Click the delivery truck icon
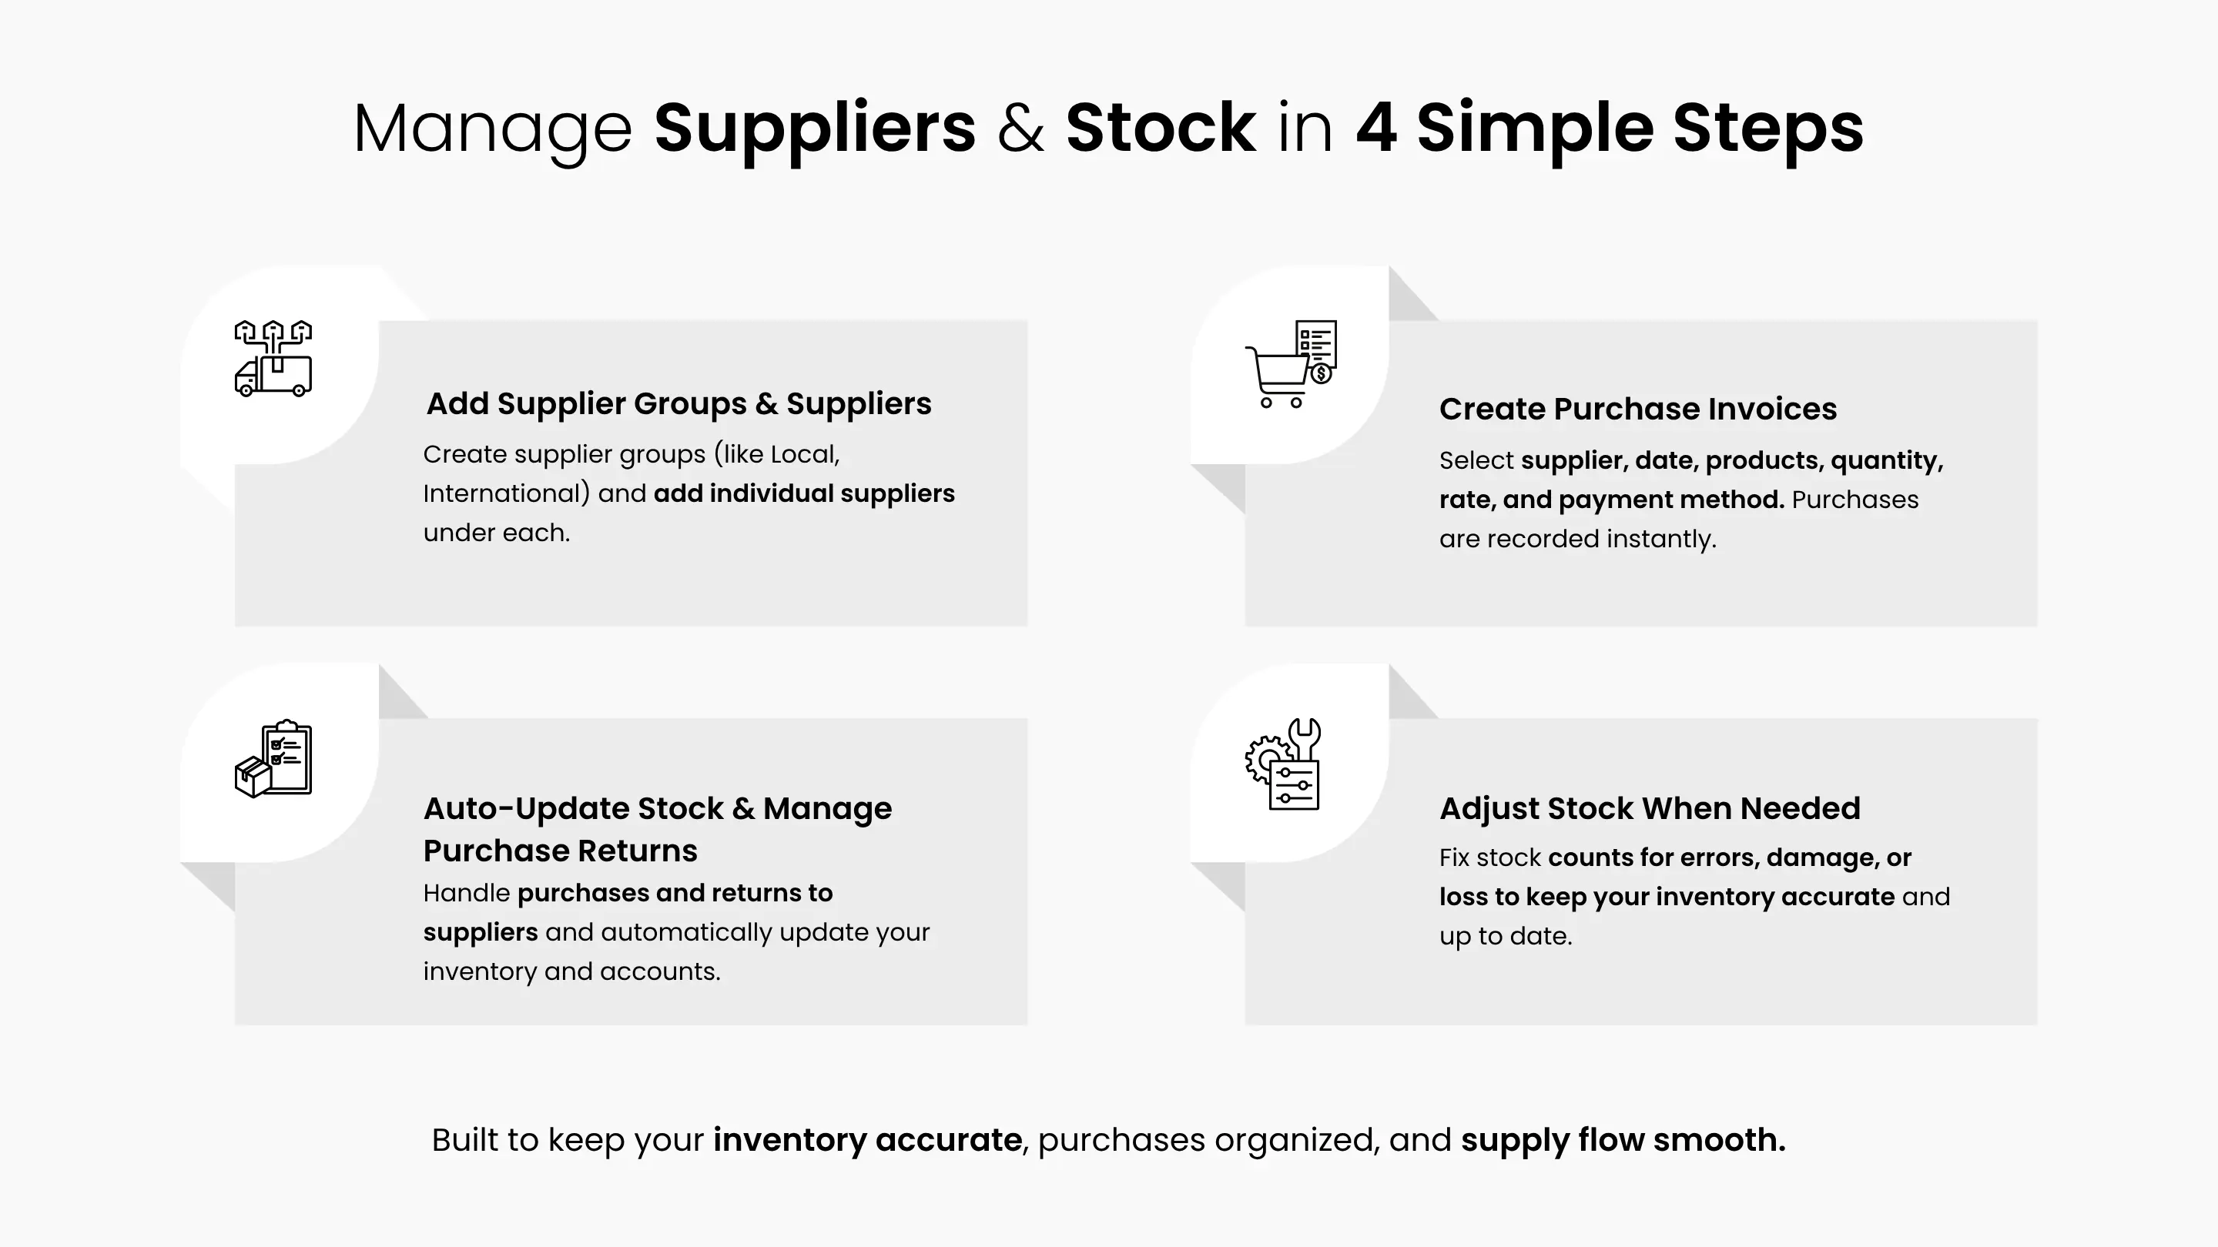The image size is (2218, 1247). [273, 358]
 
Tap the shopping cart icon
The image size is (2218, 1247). [1291, 364]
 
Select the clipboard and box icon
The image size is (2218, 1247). [273, 758]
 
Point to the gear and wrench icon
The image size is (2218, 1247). [1283, 764]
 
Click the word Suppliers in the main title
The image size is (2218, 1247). [815, 129]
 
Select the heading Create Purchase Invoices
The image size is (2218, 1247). [1637, 409]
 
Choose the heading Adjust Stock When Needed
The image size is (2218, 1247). [1650, 808]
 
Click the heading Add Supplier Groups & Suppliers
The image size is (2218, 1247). [678, 403]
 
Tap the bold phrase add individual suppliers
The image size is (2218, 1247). [804, 494]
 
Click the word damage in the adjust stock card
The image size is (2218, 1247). [1826, 858]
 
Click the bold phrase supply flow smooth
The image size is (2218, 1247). [1623, 1140]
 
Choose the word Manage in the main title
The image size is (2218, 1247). [493, 129]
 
